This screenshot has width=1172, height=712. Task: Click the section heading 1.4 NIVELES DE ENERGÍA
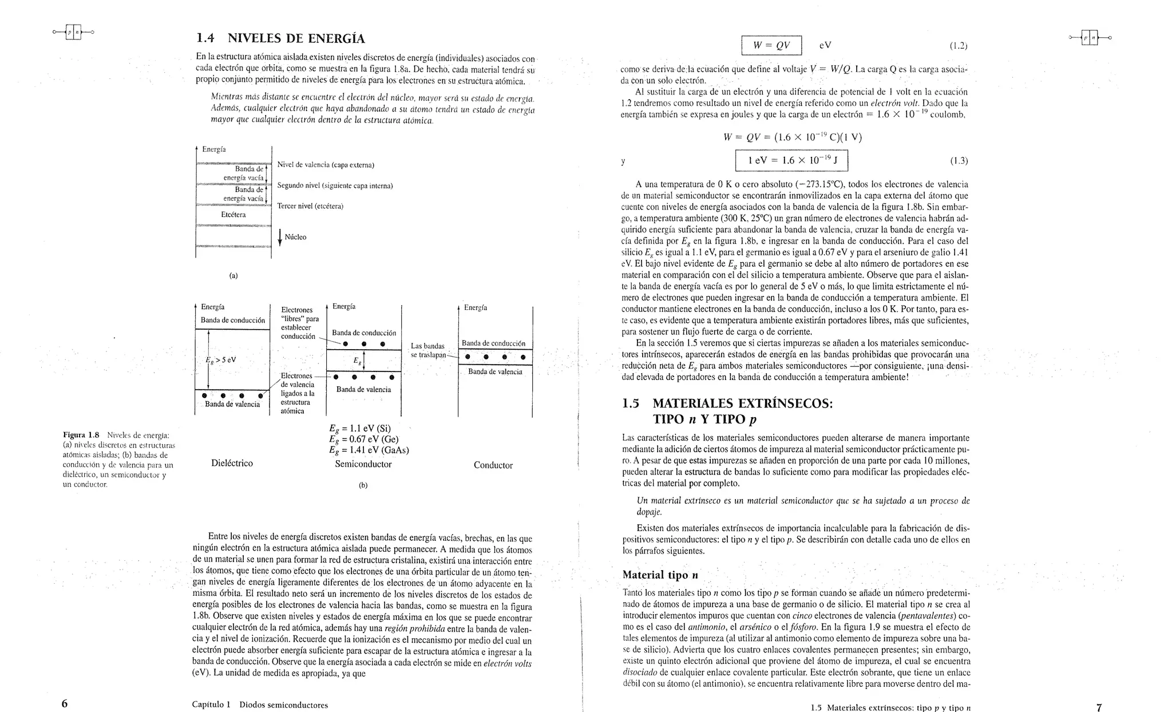pyautogui.click(x=280, y=39)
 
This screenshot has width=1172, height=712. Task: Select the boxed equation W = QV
pyautogui.click(x=771, y=45)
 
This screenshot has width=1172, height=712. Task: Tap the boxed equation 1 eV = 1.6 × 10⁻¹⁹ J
pyautogui.click(x=791, y=161)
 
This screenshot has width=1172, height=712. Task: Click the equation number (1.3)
pyautogui.click(x=959, y=161)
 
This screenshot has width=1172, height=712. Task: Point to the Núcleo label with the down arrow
pyautogui.click(x=292, y=237)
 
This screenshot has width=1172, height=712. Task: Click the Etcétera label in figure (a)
pyautogui.click(x=233, y=215)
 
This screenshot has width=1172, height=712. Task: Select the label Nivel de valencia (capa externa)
pyautogui.click(x=325, y=165)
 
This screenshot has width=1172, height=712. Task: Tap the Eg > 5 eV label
pyautogui.click(x=221, y=360)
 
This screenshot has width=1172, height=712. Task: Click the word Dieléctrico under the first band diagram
pyautogui.click(x=232, y=463)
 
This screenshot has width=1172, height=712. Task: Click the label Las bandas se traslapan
pyautogui.click(x=428, y=350)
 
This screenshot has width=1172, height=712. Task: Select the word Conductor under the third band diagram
pyautogui.click(x=493, y=465)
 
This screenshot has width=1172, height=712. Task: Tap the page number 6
pyautogui.click(x=65, y=704)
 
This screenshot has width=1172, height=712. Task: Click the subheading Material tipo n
pyautogui.click(x=660, y=575)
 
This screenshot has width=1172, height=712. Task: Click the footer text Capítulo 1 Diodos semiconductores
pyautogui.click(x=260, y=705)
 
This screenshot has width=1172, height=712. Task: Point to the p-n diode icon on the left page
pyautogui.click(x=73, y=32)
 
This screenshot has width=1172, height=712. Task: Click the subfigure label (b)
pyautogui.click(x=363, y=485)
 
